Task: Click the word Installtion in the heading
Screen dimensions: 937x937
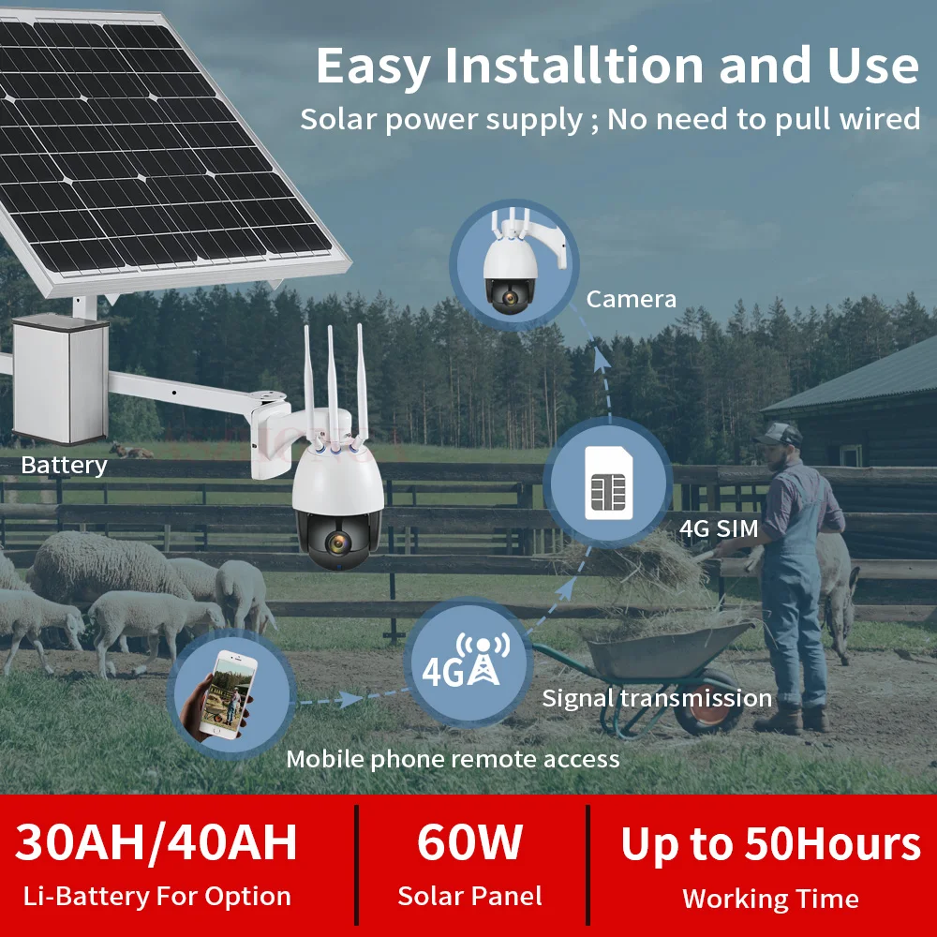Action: pyautogui.click(x=573, y=66)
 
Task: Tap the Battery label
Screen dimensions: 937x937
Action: pyautogui.click(x=64, y=465)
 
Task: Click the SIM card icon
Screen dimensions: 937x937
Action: pyautogui.click(x=609, y=483)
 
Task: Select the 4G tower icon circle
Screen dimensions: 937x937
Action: pyautogui.click(x=471, y=663)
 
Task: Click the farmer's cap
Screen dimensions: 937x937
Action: pyautogui.click(x=778, y=434)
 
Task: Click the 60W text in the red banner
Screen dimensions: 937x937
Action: pyautogui.click(x=469, y=842)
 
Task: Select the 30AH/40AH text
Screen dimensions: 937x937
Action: pyautogui.click(x=156, y=842)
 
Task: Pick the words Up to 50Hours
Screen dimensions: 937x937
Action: pyautogui.click(x=771, y=844)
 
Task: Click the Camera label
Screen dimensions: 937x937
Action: pyautogui.click(x=631, y=299)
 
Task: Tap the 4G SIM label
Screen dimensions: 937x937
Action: pyautogui.click(x=719, y=528)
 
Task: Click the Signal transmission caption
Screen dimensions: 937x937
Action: pyautogui.click(x=657, y=698)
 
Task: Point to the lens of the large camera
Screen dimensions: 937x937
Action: pyautogui.click(x=337, y=543)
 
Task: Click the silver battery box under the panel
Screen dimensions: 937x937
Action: pyautogui.click(x=60, y=379)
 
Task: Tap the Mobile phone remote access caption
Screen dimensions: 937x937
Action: pyautogui.click(x=453, y=759)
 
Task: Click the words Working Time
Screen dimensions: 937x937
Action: pyautogui.click(x=771, y=899)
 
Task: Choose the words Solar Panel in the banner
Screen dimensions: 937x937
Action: pyautogui.click(x=469, y=896)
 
